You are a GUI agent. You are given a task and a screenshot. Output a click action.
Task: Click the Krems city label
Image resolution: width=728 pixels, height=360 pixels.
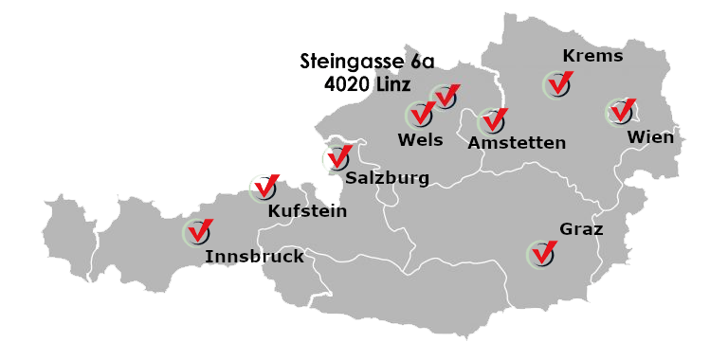tap(592, 56)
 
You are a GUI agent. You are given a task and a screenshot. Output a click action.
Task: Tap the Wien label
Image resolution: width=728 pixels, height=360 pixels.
tap(650, 137)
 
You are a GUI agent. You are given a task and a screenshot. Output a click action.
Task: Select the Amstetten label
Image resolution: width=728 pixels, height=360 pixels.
tap(517, 143)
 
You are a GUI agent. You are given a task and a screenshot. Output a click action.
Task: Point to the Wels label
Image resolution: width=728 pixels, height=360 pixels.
tap(420, 140)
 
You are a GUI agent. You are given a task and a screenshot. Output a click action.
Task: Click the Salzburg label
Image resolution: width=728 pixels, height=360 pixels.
tap(388, 177)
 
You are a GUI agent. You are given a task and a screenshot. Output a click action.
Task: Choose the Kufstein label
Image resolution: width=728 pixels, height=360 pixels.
tap(307, 210)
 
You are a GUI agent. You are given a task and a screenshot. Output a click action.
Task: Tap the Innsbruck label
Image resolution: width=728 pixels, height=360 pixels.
tap(254, 256)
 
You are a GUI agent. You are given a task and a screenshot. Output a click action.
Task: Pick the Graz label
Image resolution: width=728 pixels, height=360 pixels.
tap(581, 229)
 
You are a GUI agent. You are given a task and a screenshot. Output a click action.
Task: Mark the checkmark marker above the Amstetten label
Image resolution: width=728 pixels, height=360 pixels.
tap(491, 121)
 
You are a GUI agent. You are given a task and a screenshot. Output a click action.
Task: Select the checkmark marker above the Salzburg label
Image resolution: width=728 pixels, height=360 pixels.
tap(337, 158)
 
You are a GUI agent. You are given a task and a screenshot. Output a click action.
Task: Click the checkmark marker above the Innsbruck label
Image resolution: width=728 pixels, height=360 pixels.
tap(197, 231)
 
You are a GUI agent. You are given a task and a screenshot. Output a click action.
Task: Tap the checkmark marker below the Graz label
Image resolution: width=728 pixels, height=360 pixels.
tap(541, 253)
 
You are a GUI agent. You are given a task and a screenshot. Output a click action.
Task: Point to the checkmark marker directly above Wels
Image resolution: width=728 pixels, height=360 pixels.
tap(420, 115)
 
